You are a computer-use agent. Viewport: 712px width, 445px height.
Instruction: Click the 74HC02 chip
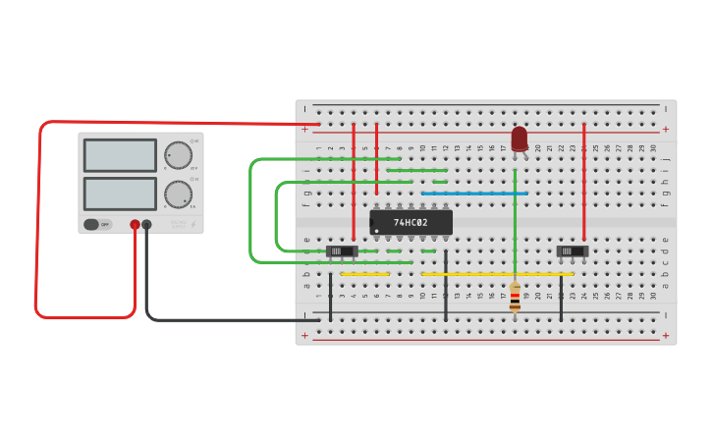(411, 223)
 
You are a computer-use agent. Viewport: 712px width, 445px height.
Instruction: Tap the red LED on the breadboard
(520, 139)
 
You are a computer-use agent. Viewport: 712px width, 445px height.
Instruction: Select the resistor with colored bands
(515, 297)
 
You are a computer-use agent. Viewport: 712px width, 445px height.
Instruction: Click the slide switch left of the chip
(341, 251)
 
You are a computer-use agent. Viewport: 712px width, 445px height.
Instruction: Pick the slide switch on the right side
(572, 251)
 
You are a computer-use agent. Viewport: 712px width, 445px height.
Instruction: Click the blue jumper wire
(474, 194)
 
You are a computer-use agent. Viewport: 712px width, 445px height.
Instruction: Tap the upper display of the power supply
(120, 155)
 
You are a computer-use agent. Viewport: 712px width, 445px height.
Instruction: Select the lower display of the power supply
(120, 193)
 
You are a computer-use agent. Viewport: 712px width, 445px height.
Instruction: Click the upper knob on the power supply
(178, 155)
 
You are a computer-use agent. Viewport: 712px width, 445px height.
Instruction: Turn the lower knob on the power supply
(178, 193)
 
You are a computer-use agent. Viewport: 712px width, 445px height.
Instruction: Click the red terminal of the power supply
(135, 225)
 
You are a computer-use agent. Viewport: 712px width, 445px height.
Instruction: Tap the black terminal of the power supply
(146, 225)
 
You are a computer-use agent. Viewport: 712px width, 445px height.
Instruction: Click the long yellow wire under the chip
(497, 274)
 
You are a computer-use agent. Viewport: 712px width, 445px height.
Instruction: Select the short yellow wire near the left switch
(365, 274)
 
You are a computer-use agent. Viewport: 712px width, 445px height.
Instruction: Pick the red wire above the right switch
(584, 182)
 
